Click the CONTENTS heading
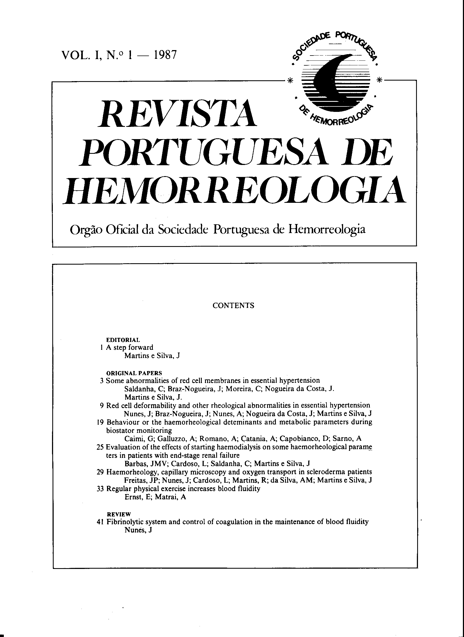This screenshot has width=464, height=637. coord(233,306)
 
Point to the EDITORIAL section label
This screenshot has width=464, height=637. coord(123,340)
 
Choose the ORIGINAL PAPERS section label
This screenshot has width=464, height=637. coord(134,373)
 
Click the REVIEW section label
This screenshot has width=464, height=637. coord(119,514)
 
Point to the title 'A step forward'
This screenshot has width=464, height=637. coord(130,348)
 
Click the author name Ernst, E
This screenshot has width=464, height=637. coord(134,497)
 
